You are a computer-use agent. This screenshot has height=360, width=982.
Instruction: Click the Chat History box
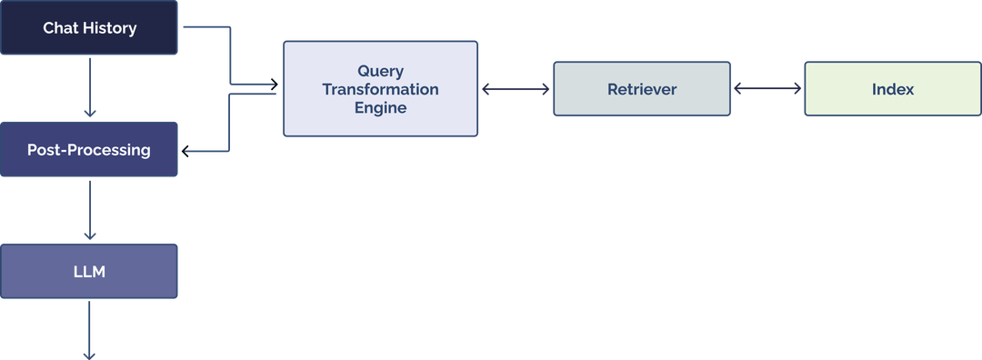tap(89, 27)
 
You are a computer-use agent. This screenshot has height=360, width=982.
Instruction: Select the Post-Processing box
tap(89, 150)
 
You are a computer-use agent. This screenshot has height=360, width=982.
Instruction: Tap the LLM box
tap(89, 271)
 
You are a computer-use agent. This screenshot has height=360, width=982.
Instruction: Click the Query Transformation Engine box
tap(380, 89)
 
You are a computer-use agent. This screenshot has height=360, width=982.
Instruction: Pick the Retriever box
tap(642, 89)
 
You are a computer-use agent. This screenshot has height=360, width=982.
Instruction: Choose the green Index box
tap(893, 89)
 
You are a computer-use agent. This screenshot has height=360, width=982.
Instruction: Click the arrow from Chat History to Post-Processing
tap(89, 87)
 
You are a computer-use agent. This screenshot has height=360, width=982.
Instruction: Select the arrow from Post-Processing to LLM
tap(89, 210)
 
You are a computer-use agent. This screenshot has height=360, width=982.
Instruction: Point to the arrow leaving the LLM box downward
tap(89, 331)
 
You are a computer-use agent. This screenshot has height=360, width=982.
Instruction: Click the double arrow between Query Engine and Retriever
tap(516, 89)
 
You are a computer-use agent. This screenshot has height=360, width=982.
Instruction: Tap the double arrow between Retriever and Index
tap(767, 89)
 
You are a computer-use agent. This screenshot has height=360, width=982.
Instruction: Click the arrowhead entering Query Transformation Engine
tap(274, 84)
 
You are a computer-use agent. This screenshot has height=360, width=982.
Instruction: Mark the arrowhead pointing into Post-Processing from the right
tap(185, 151)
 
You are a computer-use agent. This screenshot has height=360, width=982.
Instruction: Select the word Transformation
tap(380, 89)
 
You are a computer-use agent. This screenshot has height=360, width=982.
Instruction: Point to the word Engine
tap(381, 107)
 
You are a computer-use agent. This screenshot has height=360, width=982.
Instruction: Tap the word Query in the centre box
tap(381, 71)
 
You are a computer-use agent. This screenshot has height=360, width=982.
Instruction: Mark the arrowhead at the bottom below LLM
tap(89, 355)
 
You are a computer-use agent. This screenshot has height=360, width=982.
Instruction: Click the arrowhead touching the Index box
tap(797, 89)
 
